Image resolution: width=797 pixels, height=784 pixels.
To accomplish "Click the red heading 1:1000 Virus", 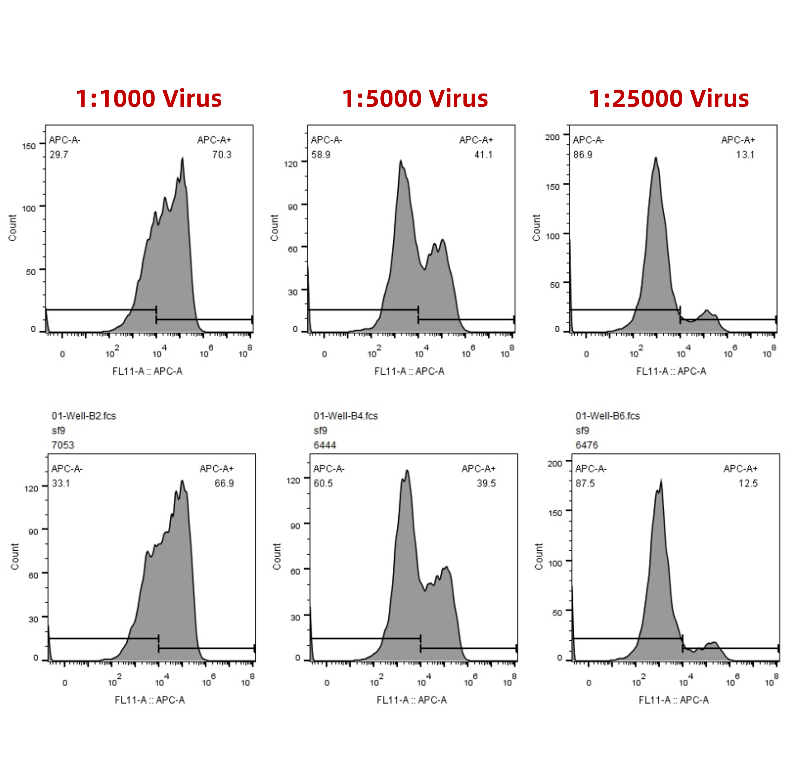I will (x=149, y=99).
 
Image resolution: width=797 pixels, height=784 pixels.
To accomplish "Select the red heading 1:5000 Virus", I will (x=415, y=99).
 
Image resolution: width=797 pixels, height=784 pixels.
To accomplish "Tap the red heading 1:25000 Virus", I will (x=668, y=99).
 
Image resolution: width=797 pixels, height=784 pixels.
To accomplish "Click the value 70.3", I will (x=222, y=155).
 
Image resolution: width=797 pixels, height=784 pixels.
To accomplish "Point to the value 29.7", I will (x=59, y=155).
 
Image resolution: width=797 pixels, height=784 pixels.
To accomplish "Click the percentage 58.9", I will (x=321, y=155).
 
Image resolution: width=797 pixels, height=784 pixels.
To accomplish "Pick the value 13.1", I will (x=745, y=155).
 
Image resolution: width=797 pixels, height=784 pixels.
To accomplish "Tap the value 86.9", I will (x=583, y=155).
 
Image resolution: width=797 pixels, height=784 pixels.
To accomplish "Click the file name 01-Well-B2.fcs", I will (x=84, y=416).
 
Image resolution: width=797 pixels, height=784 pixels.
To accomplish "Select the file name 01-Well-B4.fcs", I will (x=346, y=416).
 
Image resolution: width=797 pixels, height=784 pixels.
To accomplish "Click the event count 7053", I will (x=63, y=445).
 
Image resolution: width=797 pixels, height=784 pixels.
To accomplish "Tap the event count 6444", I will (x=325, y=445).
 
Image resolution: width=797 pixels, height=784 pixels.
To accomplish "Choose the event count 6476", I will (x=586, y=445).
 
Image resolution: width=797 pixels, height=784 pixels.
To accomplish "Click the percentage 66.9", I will (x=224, y=483).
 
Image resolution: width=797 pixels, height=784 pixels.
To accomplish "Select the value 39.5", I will (x=486, y=483).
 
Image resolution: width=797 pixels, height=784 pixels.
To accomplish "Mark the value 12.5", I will (x=747, y=483).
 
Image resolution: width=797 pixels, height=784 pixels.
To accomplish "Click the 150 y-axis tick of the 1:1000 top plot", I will (x=29, y=146).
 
